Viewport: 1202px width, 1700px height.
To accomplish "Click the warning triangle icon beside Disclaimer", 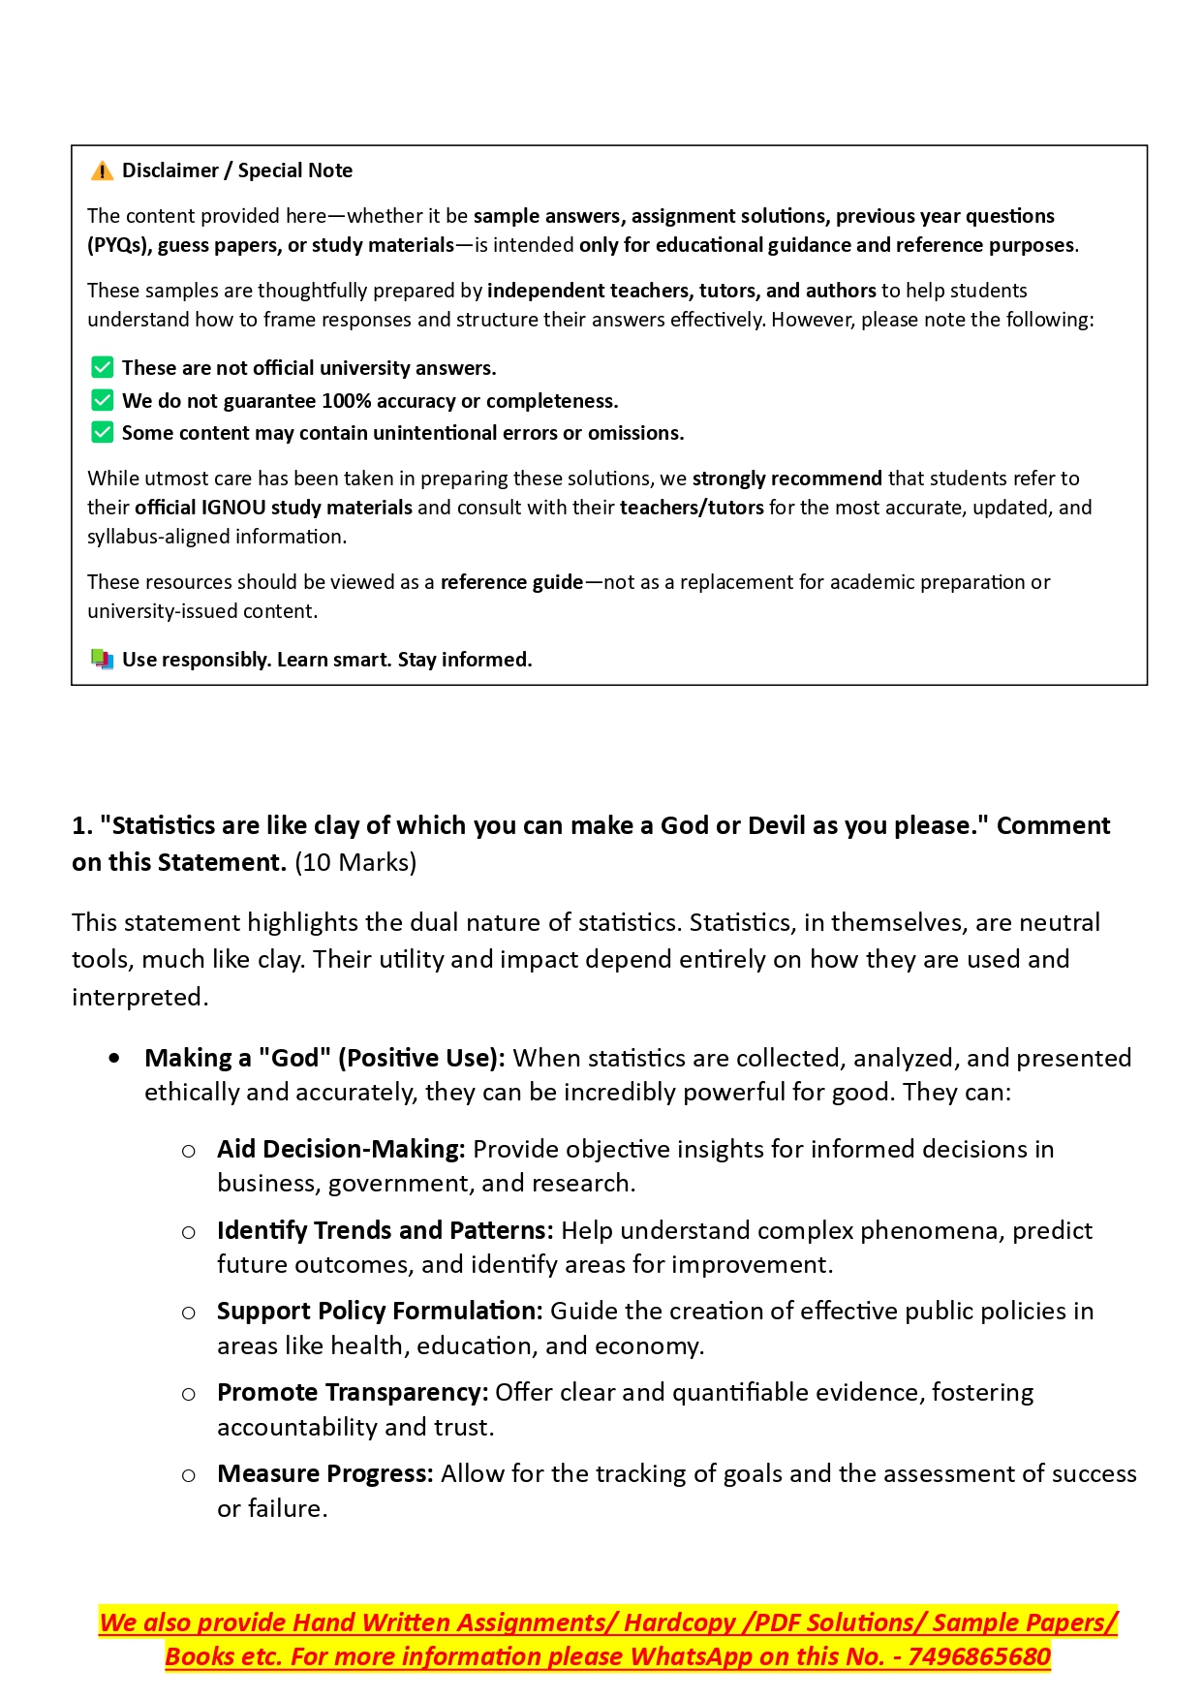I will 102,171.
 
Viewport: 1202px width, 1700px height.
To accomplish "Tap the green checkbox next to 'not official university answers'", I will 102,367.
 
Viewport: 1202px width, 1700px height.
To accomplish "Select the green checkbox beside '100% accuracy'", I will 102,400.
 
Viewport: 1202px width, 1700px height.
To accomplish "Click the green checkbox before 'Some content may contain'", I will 102,432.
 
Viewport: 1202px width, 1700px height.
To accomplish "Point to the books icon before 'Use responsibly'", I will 102,660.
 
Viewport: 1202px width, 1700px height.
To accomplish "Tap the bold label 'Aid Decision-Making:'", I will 341,1149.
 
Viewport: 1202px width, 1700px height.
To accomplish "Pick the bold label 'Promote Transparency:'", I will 353,1392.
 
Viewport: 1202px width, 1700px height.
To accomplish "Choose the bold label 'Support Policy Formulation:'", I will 380,1311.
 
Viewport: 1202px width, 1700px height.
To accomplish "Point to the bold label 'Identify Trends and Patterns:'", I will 385,1230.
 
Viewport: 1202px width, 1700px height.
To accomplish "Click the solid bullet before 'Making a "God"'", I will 115,1058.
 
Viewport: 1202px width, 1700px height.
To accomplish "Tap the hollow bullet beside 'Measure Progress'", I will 189,1475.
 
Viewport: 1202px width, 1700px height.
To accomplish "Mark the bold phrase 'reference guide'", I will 511,582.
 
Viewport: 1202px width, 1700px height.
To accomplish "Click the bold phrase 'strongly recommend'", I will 786,479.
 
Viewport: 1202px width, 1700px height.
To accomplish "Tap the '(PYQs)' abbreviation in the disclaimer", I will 117,245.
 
